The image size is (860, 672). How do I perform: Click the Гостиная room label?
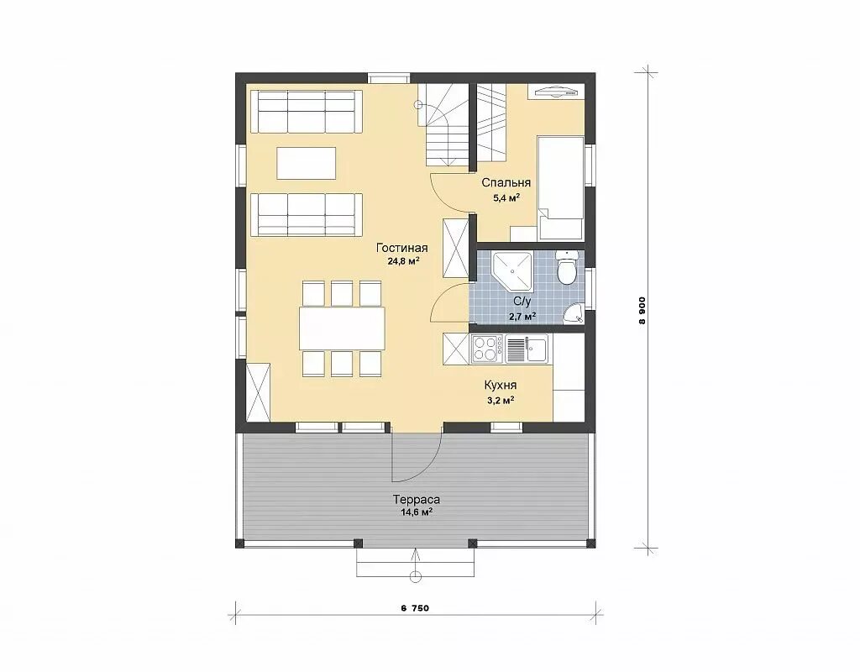tap(401, 248)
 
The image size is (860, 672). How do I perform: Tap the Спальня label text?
tap(506, 182)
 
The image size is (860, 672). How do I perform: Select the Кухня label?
tap(501, 386)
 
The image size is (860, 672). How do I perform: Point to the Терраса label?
tap(417, 500)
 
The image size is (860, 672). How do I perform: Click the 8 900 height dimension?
tap(642, 311)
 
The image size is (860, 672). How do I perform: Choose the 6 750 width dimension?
tap(415, 608)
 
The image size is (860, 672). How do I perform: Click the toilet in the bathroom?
tap(566, 266)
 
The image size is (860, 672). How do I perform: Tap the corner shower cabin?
tap(511, 271)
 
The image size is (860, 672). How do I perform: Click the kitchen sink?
tap(527, 349)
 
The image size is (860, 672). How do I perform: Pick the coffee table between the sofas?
tap(307, 163)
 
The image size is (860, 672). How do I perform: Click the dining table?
tap(342, 328)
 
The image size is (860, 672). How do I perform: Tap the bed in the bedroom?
tap(561, 188)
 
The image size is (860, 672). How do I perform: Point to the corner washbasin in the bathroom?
tap(574, 313)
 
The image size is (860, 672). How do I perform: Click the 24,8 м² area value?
tap(403, 261)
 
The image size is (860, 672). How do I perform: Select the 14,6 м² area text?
tap(417, 512)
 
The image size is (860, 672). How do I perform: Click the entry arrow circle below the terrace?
tap(415, 576)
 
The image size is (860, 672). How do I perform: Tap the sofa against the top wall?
tap(307, 112)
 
